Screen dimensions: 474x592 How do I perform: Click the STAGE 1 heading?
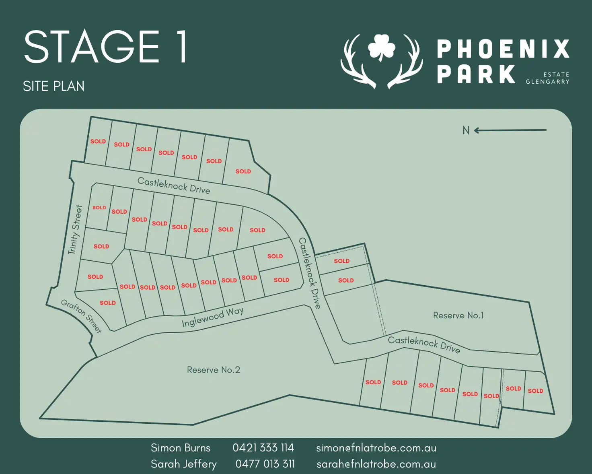[x=106, y=47]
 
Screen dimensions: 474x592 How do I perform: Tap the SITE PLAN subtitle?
[x=53, y=86]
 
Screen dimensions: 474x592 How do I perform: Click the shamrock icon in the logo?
[x=381, y=47]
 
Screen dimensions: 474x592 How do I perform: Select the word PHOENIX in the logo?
[x=503, y=49]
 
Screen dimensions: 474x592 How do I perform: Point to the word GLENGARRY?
[x=547, y=82]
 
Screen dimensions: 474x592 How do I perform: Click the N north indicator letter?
[x=466, y=130]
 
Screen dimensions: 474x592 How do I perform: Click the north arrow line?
[x=511, y=130]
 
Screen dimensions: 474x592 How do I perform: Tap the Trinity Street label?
[x=75, y=229]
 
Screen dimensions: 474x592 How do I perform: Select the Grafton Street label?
[x=81, y=316]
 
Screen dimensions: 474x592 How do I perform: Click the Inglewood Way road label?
[x=212, y=317]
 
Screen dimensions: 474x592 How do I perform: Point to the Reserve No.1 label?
[x=458, y=315]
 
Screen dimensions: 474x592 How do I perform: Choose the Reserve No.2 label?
[x=214, y=370]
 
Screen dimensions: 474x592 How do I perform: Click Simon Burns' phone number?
[x=263, y=447]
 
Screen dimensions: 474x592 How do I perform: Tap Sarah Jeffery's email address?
[x=376, y=464]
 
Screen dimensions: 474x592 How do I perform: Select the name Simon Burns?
[x=181, y=447]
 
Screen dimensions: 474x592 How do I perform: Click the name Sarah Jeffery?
[x=183, y=464]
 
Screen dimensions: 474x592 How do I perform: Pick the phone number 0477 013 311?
[x=265, y=464]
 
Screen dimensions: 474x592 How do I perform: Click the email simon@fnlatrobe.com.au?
[x=376, y=447]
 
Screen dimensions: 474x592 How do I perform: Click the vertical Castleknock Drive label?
[x=309, y=273]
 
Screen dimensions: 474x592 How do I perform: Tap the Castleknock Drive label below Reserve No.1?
[x=424, y=344]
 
